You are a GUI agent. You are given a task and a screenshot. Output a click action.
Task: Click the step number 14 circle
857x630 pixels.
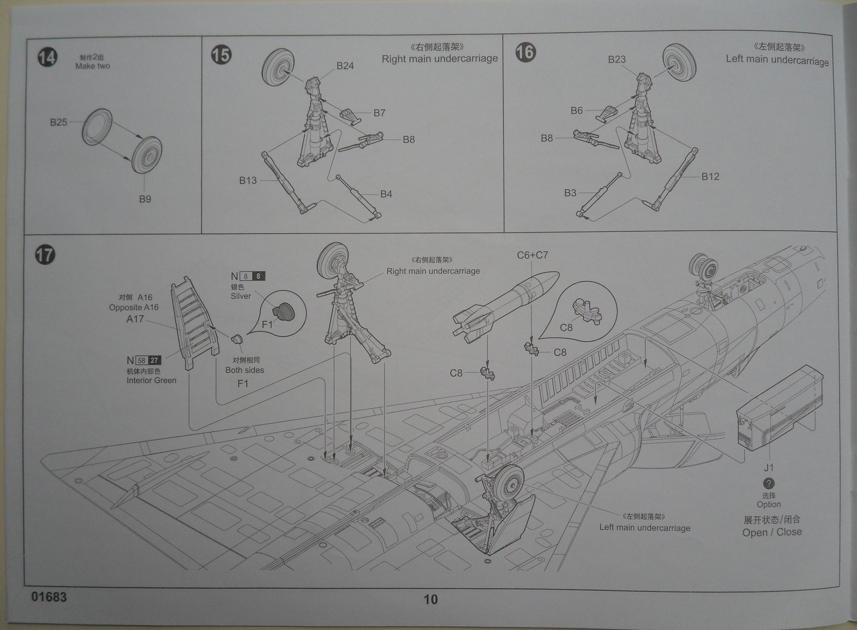tap(47, 57)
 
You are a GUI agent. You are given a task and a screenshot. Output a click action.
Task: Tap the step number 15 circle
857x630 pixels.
tap(221, 54)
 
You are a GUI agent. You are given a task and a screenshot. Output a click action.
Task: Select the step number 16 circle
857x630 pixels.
tap(525, 52)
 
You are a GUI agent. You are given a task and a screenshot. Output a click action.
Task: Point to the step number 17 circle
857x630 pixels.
tap(46, 254)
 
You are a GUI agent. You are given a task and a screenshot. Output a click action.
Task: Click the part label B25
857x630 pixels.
tap(58, 122)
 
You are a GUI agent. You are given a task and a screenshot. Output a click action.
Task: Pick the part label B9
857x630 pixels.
tap(145, 199)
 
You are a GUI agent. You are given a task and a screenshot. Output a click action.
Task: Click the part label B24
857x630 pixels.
tap(345, 66)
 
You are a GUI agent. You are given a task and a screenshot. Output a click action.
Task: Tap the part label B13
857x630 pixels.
tap(248, 181)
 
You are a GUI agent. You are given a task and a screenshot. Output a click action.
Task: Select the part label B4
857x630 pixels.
tap(386, 194)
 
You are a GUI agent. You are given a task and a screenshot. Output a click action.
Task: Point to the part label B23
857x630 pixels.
tap(617, 59)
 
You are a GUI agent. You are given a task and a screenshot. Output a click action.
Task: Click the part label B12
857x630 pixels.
tap(710, 177)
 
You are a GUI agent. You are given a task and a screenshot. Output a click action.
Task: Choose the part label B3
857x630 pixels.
tap(570, 193)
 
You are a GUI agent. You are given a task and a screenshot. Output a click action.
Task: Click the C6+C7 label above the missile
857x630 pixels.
tap(532, 256)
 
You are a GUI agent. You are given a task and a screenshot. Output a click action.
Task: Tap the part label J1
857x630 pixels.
tap(769, 468)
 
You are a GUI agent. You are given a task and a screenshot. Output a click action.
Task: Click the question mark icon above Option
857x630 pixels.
tap(769, 483)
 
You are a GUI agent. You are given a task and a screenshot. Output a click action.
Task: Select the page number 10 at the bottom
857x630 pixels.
tap(431, 599)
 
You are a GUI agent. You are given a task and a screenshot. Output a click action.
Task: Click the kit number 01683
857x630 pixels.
tap(49, 597)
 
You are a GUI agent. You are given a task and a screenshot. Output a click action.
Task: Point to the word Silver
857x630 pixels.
tap(240, 296)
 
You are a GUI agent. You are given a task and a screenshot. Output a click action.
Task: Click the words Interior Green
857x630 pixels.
tap(151, 380)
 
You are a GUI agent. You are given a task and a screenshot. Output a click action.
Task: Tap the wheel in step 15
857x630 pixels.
tap(278, 70)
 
